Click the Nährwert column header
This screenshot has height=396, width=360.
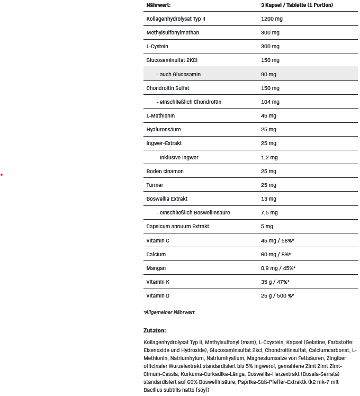tap(159, 5)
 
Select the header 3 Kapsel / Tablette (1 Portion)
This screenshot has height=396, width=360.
tap(297, 5)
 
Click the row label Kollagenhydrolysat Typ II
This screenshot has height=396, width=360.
tap(176, 19)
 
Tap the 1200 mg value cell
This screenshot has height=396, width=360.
tap(272, 19)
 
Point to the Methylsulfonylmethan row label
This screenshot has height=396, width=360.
tap(173, 33)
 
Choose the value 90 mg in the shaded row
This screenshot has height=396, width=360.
tap(269, 74)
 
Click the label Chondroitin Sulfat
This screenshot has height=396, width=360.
tap(168, 88)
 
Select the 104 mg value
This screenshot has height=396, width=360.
tap(270, 102)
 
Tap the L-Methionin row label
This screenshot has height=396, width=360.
tap(160, 115)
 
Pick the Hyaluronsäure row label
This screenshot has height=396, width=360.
tap(164, 130)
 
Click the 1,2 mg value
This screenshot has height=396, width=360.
tap(269, 157)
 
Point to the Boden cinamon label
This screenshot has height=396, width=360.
tap(165, 171)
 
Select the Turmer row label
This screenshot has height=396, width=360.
tap(155, 185)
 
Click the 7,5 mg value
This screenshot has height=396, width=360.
tap(269, 212)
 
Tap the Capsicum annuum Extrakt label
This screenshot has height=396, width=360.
tap(177, 226)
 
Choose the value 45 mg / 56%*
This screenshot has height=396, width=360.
tap(277, 240)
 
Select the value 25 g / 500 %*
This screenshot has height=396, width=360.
tap(277, 295)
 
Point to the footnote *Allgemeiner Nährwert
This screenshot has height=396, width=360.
tap(169, 312)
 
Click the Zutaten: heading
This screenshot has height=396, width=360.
tap(155, 330)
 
